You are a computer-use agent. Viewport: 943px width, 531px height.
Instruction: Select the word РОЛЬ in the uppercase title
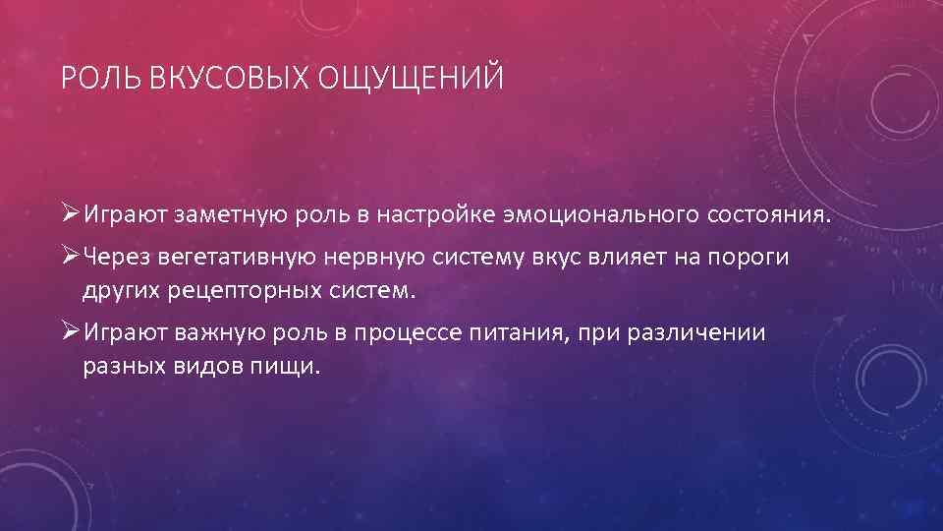pyautogui.click(x=102, y=76)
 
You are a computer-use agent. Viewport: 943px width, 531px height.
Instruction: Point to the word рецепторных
pyautogui.click(x=250, y=292)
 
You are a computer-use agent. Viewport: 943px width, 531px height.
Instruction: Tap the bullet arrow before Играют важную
pyautogui.click(x=69, y=331)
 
